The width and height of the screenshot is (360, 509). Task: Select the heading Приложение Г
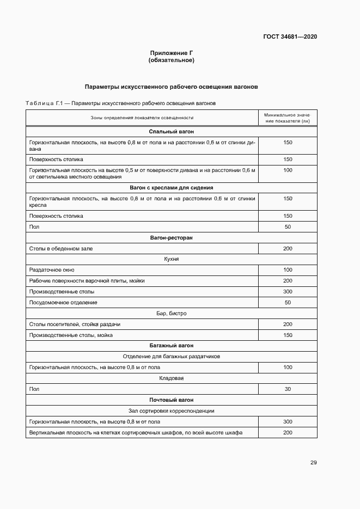[172, 53]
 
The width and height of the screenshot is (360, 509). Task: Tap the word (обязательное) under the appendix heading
[172, 60]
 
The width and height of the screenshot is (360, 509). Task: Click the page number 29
[313, 463]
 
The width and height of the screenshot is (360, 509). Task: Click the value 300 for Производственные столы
[288, 292]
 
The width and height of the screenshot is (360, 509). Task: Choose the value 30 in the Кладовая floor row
[288, 389]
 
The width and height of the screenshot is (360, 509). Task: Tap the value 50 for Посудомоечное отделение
[288, 303]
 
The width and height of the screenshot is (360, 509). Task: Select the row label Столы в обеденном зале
[61, 249]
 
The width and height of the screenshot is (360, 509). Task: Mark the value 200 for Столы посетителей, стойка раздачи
[288, 324]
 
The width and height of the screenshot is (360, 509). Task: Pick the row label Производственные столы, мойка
[71, 335]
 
